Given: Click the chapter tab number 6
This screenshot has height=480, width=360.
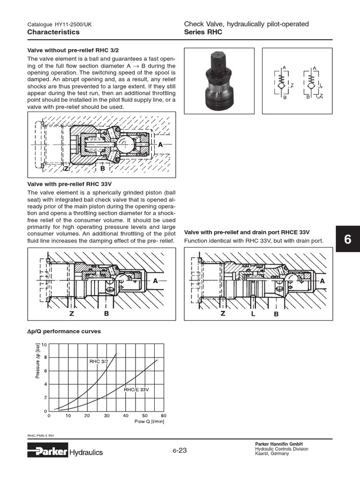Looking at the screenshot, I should click(347, 239).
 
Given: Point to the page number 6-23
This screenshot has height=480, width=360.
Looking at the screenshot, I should click(180, 450).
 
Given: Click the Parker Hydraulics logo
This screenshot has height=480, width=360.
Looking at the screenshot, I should click(65, 452).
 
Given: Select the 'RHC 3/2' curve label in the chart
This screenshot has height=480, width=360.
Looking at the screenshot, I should click(99, 361).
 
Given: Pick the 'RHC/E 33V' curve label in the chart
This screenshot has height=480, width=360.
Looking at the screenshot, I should click(136, 390).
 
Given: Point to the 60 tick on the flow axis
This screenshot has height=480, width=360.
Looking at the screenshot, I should click(163, 415).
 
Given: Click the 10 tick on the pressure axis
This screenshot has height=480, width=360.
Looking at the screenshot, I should click(44, 345).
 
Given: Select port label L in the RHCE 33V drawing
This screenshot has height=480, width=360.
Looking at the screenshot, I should click(253, 314).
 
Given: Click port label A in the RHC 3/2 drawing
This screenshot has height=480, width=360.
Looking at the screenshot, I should click(160, 145).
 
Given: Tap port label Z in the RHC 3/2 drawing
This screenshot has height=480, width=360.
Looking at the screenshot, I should click(67, 168).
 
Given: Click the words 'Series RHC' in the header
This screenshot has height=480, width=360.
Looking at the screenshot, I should click(203, 32).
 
